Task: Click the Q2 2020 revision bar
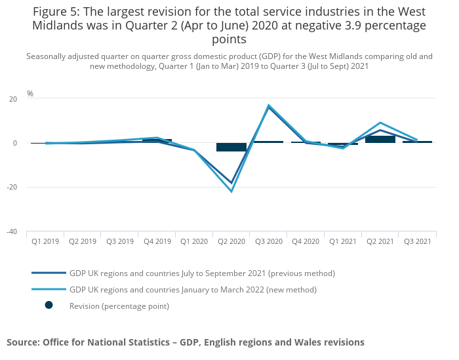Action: coord(231,147)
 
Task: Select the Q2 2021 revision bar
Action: coord(380,139)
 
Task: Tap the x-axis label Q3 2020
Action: coord(269,241)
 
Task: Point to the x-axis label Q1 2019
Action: coord(45,241)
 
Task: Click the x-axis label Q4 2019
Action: coord(157,241)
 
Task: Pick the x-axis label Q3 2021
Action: coord(417,241)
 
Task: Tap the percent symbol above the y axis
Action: coord(30,94)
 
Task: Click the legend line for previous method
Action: coord(49,273)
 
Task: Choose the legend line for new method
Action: coord(49,289)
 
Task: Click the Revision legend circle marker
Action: coord(49,305)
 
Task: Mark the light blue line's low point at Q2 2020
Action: coord(231,191)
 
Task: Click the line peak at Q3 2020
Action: coord(269,105)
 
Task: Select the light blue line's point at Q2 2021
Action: coord(380,123)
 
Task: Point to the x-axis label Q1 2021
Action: coord(343,241)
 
